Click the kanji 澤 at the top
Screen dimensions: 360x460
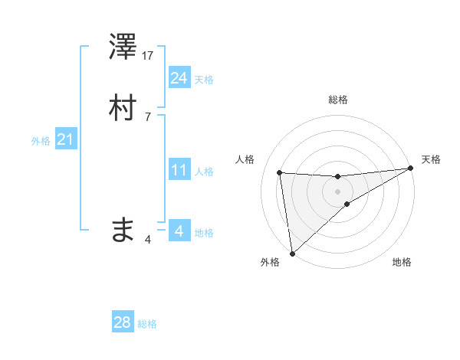(123, 47)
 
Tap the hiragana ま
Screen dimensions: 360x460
(123, 229)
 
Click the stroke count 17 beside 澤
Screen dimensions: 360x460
(149, 56)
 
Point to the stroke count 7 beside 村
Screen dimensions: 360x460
(148, 116)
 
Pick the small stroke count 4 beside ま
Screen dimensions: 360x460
(148, 240)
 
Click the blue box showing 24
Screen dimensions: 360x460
(179, 78)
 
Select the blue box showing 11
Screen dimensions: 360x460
(179, 170)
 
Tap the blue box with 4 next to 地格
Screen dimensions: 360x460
(179, 231)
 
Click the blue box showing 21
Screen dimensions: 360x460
(65, 139)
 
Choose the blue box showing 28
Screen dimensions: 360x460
(123, 322)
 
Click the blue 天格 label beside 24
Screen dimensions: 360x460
(204, 80)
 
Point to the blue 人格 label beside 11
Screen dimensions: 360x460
(204, 172)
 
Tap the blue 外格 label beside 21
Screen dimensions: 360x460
(40, 141)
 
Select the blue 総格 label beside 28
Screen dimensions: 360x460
(147, 324)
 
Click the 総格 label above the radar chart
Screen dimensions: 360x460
(337, 100)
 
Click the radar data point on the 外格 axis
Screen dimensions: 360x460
(292, 254)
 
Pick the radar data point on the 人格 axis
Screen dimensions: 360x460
(280, 172)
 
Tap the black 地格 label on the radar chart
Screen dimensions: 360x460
(402, 263)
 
